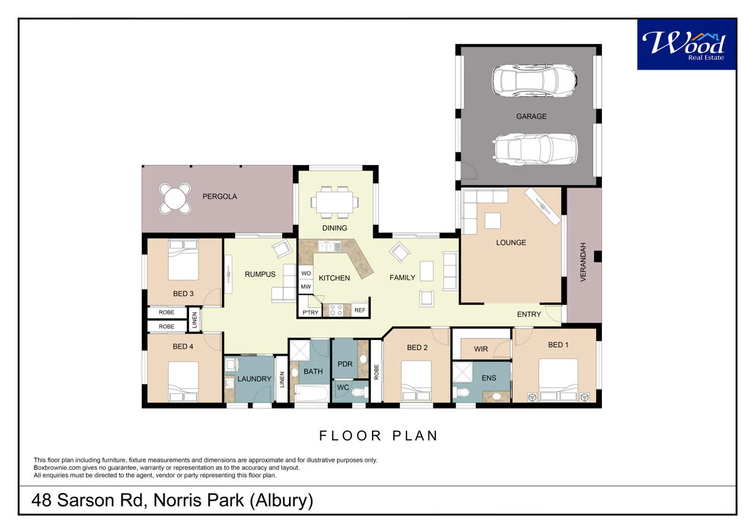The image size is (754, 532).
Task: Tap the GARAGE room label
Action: coord(531,116)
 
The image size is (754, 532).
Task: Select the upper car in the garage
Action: coord(534,80)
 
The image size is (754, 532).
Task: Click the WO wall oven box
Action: coord(306,274)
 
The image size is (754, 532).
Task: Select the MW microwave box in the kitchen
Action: coord(306,287)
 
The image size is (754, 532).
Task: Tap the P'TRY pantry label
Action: coord(310,312)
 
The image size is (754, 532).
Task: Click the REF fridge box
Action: coord(359,310)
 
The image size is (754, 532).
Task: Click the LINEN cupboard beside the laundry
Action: coord(282,379)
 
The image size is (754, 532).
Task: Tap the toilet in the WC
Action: coord(359,393)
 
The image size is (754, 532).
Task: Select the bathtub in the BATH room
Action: coord(312,395)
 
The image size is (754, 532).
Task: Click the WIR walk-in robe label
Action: coord(481,349)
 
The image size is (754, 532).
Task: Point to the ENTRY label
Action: coord(528,314)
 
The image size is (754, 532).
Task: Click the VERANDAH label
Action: coord(583,262)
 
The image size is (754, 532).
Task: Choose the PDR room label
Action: coord(344,364)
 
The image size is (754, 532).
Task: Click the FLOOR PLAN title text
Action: coord(378,435)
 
